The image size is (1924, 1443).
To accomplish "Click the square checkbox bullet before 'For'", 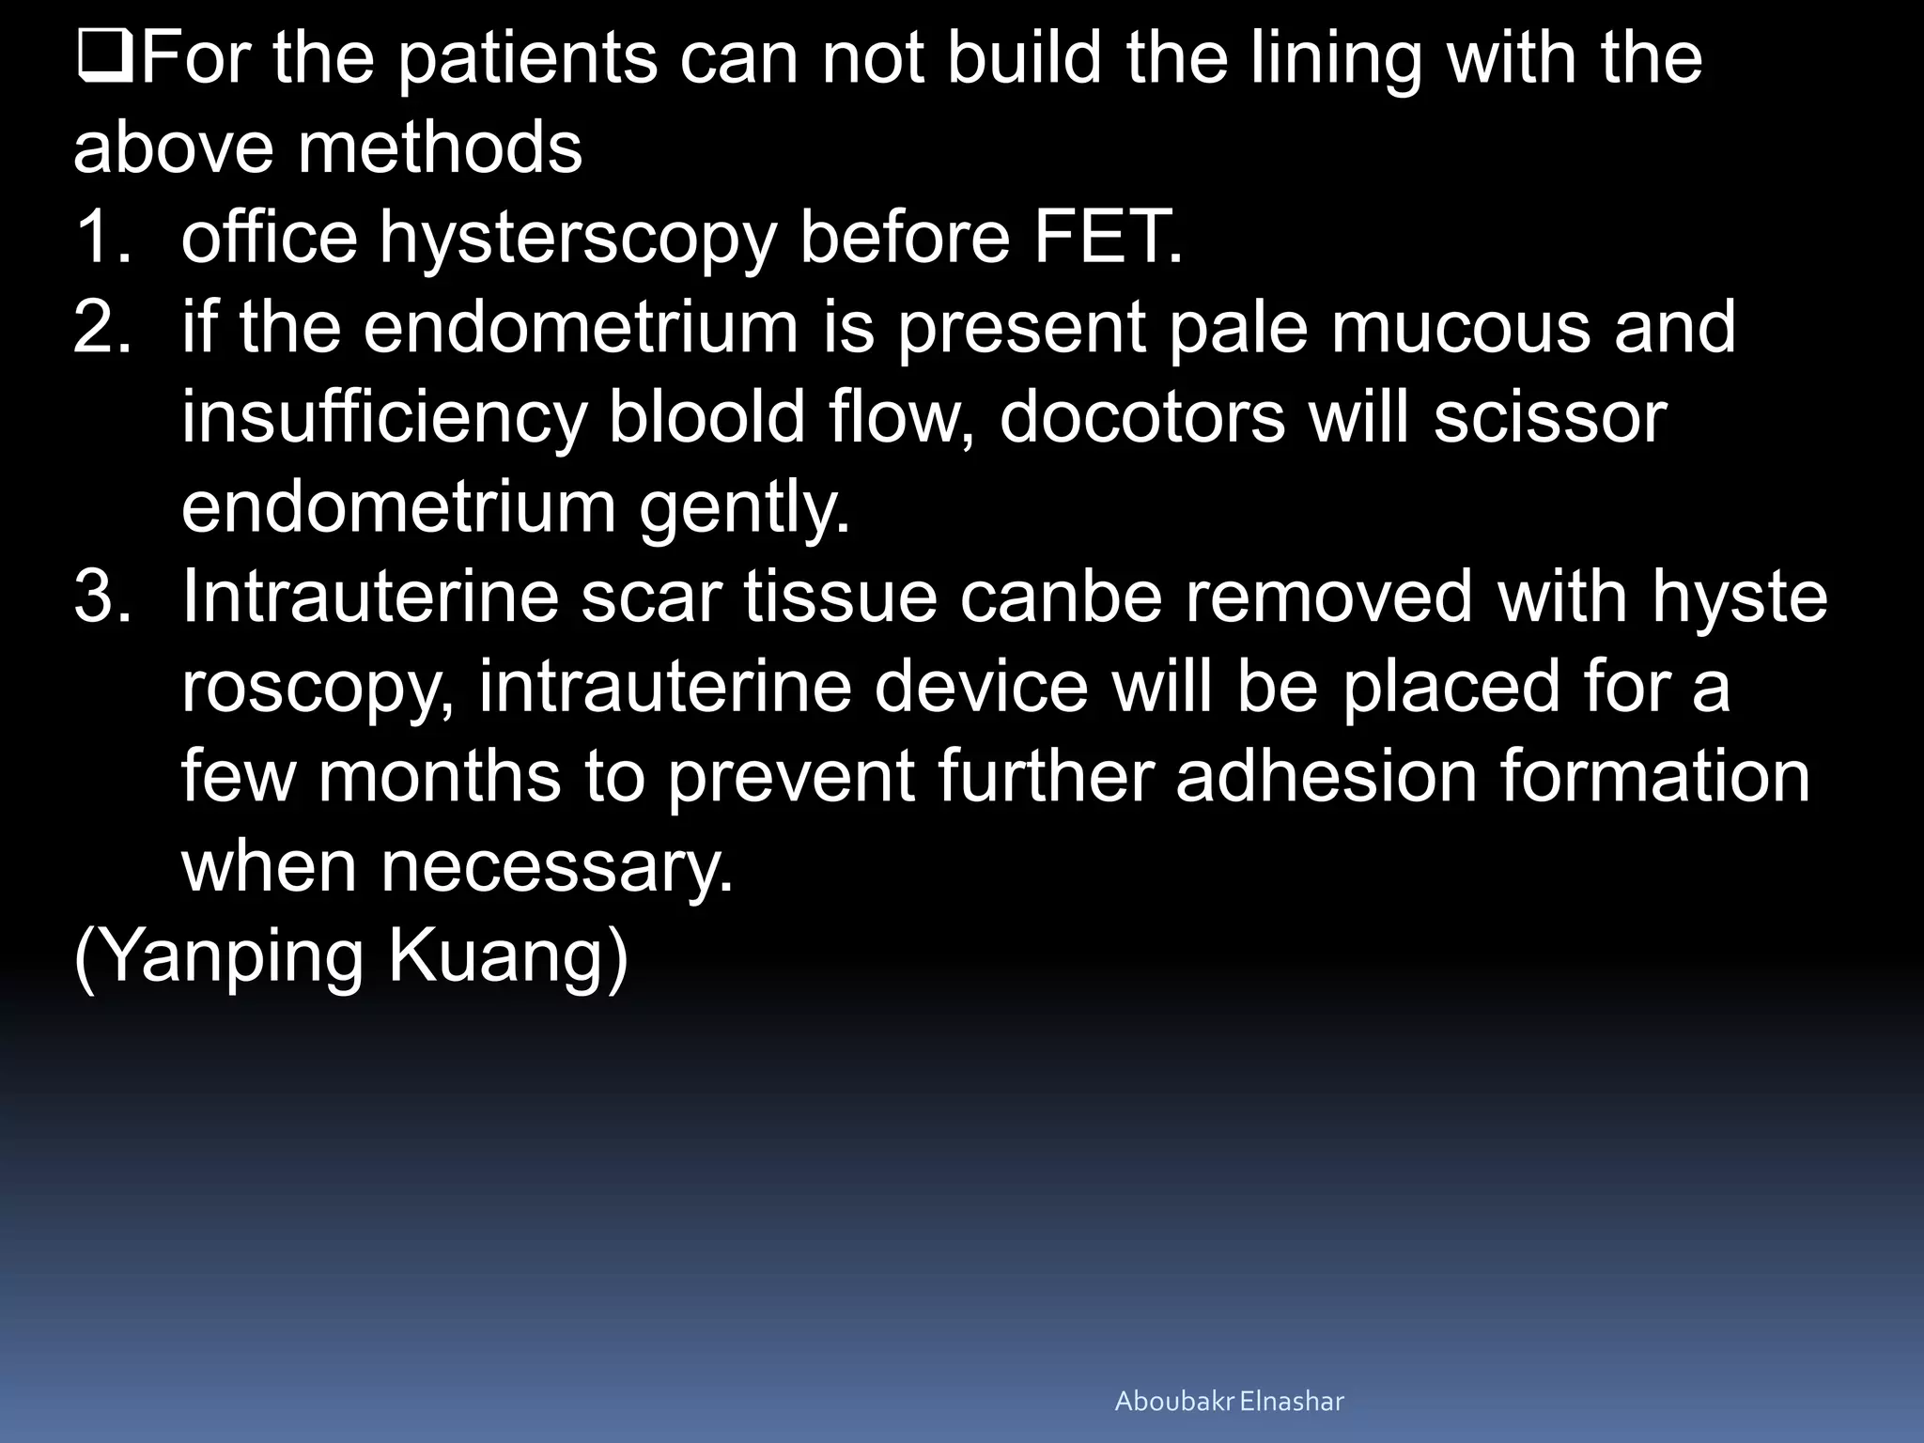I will pyautogui.click(x=105, y=58).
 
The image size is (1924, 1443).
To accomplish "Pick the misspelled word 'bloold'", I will pyautogui.click(x=707, y=417).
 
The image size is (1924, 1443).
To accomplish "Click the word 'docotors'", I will pyautogui.click(x=1141, y=417).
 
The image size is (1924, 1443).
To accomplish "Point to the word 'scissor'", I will pyautogui.click(x=1550, y=417).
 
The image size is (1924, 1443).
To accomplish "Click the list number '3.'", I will pyautogui.click(x=101, y=597).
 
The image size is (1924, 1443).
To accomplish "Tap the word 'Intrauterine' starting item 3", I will pyautogui.click(x=370, y=597).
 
